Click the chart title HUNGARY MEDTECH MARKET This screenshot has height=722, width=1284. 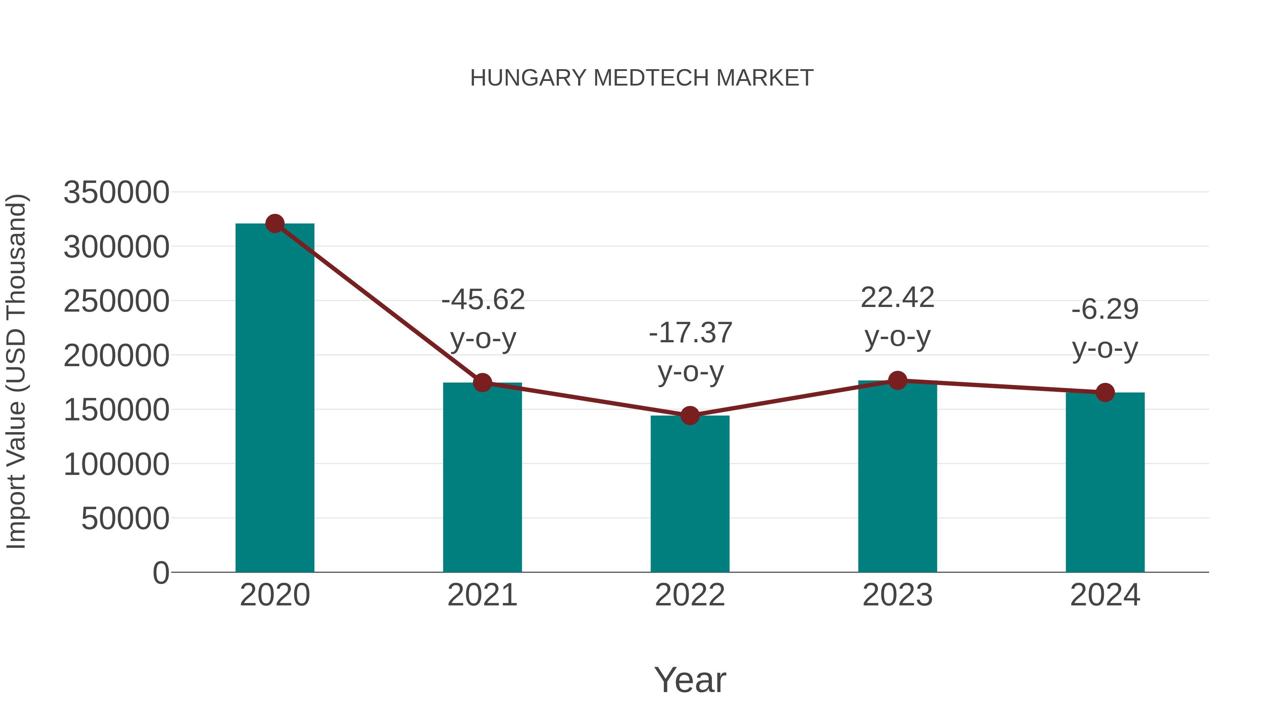(642, 78)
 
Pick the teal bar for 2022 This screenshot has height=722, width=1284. (690, 494)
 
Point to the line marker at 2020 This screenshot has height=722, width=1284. (275, 224)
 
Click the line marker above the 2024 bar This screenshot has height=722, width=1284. (1105, 393)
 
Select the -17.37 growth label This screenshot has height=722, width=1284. (691, 352)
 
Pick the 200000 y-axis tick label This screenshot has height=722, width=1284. (116, 356)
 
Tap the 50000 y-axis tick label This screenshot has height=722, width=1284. (125, 519)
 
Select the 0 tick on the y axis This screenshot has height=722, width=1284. (161, 573)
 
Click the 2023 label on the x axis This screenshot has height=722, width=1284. (897, 595)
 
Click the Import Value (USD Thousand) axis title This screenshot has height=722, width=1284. (16, 372)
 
